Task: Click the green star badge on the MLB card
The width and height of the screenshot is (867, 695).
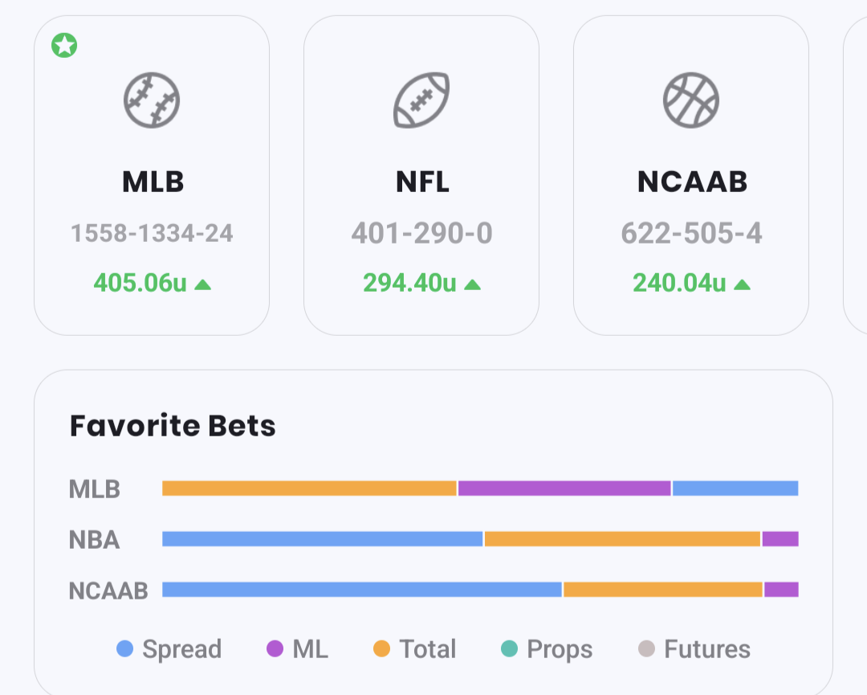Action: (64, 46)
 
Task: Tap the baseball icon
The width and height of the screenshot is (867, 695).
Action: (152, 100)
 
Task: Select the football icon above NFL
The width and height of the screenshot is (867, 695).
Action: (421, 100)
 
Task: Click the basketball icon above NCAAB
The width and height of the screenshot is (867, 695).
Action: (691, 100)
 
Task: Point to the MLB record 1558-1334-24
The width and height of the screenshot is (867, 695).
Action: (152, 234)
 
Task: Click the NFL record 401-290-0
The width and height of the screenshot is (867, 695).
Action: (421, 234)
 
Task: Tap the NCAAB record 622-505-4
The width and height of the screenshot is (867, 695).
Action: (691, 234)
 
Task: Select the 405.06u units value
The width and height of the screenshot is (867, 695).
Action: (141, 283)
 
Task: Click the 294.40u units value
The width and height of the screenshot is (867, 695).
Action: (410, 283)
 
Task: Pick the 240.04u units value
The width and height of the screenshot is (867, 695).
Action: (680, 283)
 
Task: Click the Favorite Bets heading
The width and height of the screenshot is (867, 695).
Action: (173, 426)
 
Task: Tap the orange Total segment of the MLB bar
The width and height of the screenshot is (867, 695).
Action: (309, 489)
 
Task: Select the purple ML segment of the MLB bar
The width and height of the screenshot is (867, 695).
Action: (564, 489)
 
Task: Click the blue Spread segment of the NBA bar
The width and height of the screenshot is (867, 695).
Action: (322, 539)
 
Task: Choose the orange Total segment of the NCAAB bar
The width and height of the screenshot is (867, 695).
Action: (663, 590)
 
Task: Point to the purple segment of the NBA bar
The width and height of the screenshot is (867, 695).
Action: (780, 539)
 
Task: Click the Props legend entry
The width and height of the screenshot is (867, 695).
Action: (547, 649)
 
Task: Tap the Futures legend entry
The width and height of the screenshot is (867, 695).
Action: (695, 649)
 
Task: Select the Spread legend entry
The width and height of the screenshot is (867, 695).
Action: (169, 649)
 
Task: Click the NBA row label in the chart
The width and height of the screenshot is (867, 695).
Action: (95, 540)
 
